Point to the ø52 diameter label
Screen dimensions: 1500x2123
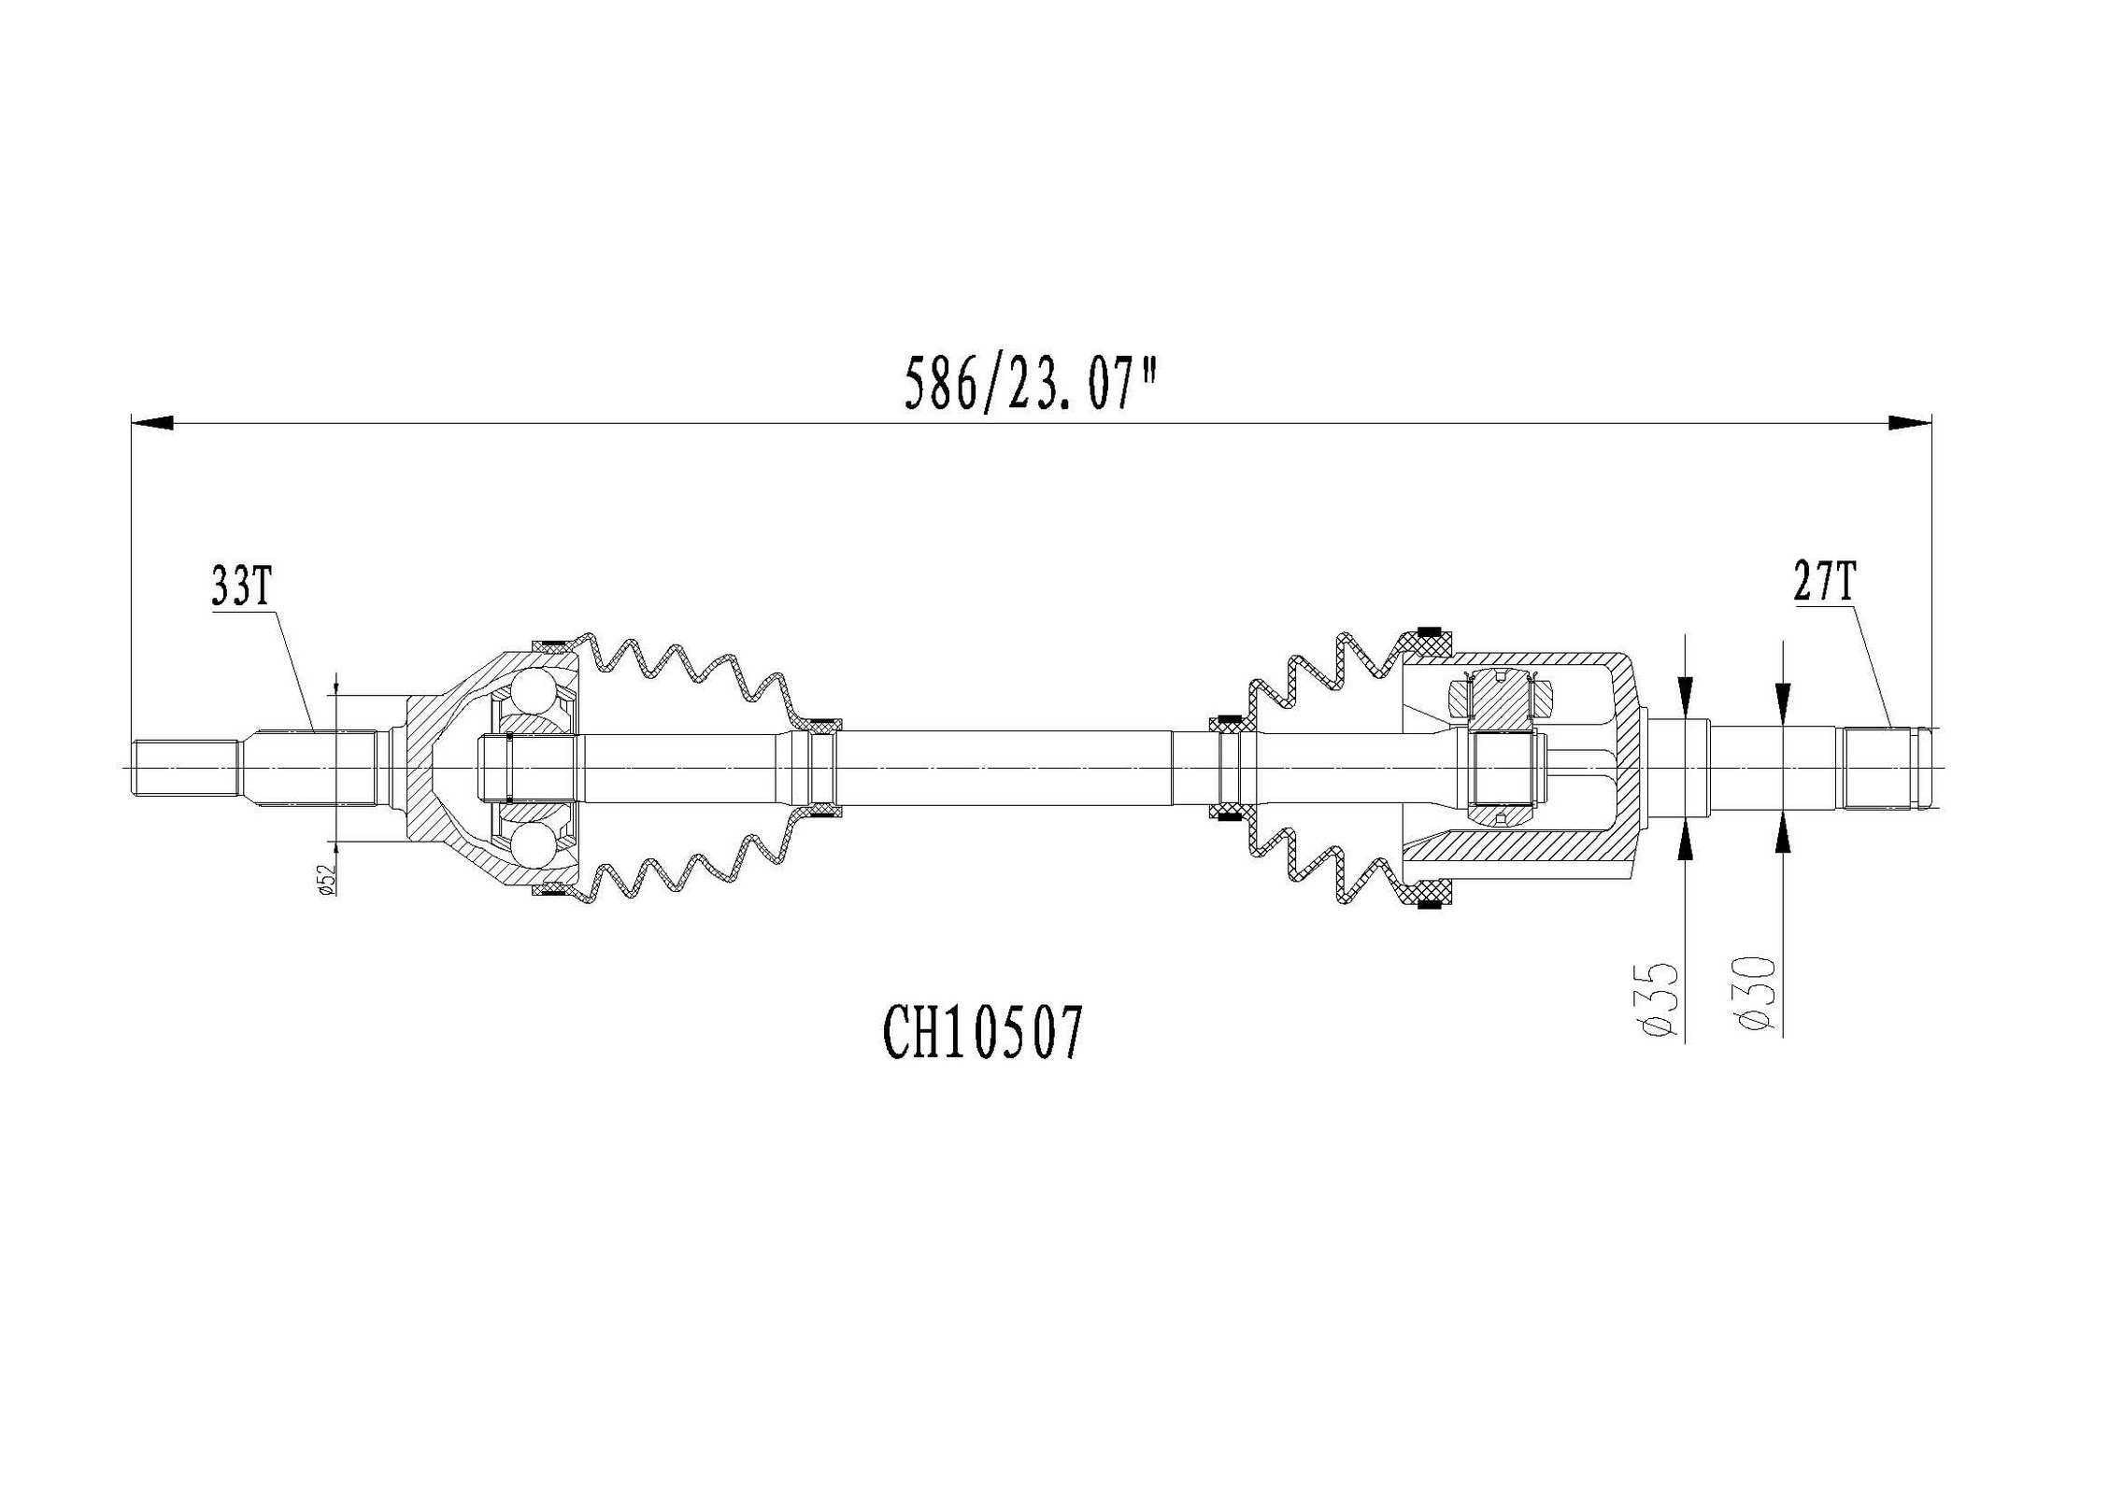click(x=326, y=879)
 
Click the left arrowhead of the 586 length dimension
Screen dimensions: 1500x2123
click(x=152, y=423)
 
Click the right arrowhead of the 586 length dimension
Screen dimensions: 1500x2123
click(x=1908, y=423)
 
